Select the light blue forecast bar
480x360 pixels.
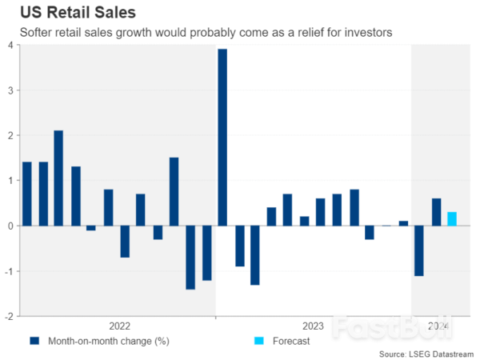click(x=452, y=218)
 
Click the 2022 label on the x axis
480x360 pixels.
click(x=119, y=326)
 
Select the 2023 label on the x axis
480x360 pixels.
click(x=313, y=326)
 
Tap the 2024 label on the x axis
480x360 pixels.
click(x=438, y=326)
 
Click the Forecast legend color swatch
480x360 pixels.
click(x=258, y=341)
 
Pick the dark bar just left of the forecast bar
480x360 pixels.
click(x=436, y=212)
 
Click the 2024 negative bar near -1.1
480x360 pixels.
click(x=419, y=250)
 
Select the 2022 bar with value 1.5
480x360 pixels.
click(x=174, y=191)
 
